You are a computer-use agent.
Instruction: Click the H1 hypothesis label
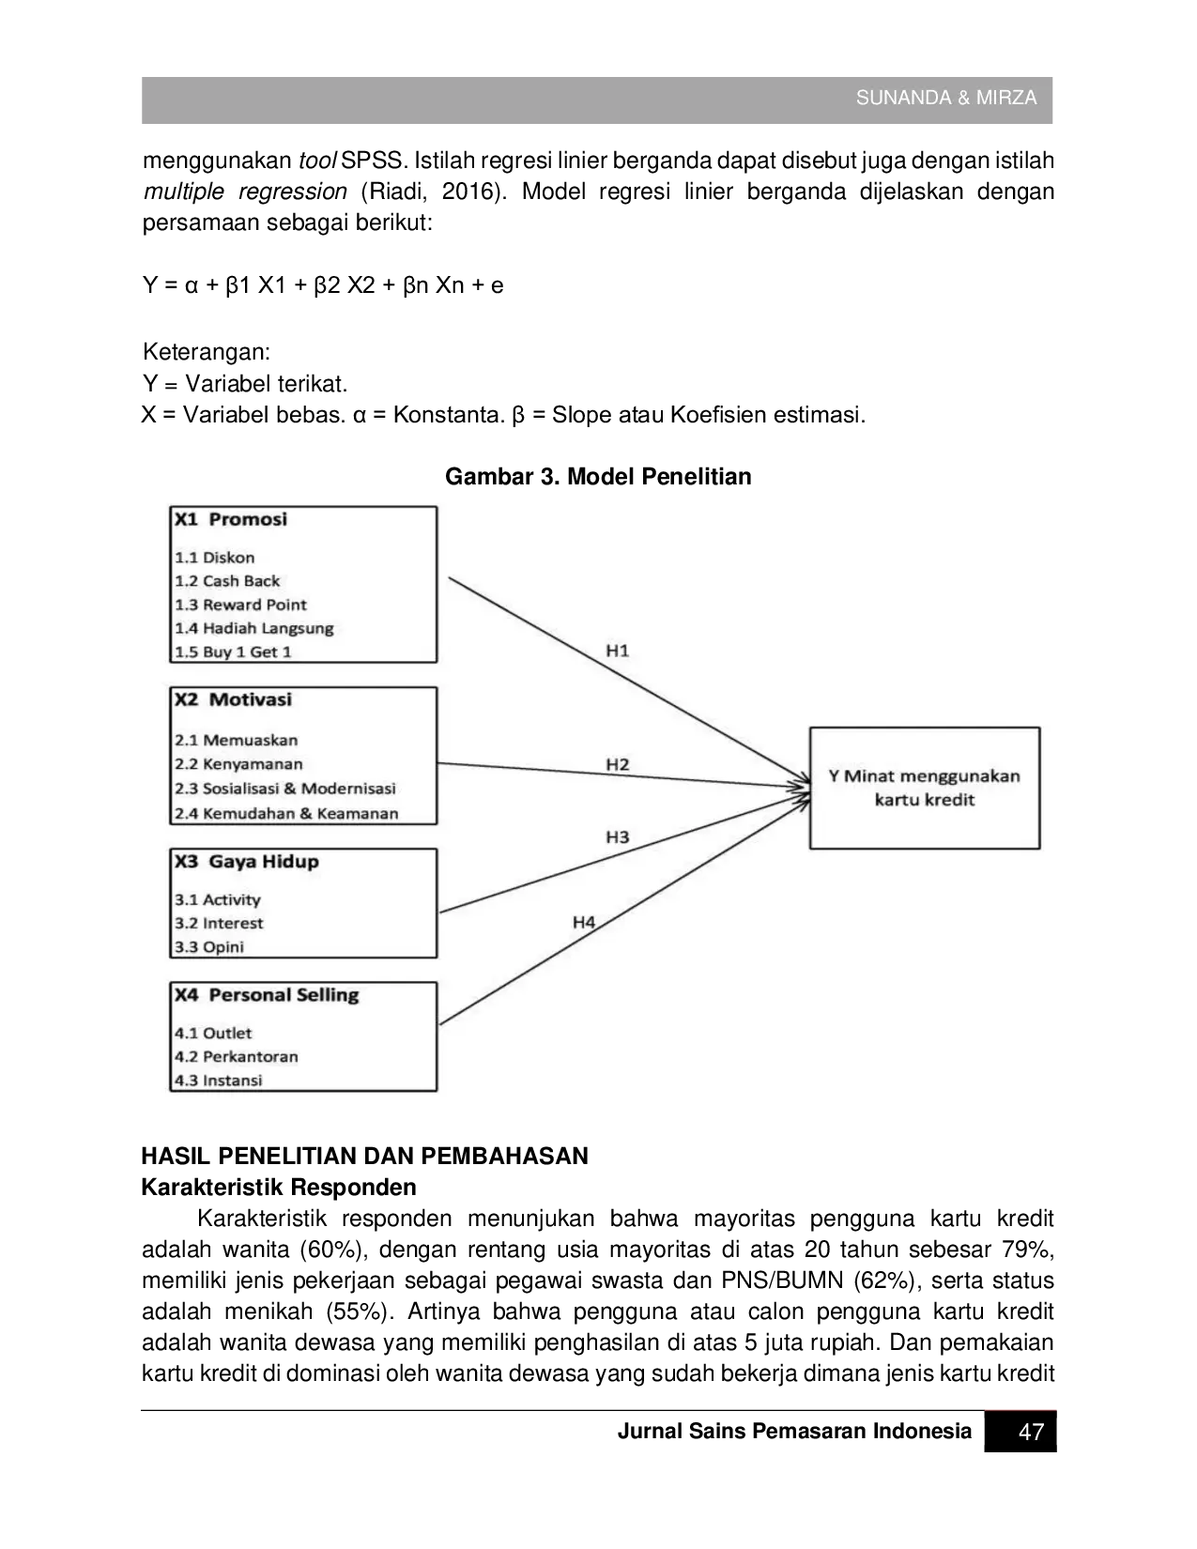click(x=617, y=651)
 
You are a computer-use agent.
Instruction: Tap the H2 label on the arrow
click(x=618, y=765)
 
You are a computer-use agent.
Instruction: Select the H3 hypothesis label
click(x=618, y=836)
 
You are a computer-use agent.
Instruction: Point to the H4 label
click(x=584, y=923)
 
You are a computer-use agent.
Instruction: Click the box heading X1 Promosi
click(x=231, y=519)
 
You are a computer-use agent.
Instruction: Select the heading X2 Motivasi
click(x=233, y=699)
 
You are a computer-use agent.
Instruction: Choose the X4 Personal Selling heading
click(x=267, y=995)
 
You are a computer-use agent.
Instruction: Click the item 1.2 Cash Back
click(x=227, y=581)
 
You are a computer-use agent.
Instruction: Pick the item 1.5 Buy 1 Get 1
click(x=233, y=652)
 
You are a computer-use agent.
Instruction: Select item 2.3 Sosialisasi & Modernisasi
click(x=285, y=789)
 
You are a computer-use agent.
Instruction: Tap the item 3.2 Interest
click(x=219, y=923)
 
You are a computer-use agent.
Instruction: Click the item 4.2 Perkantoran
click(x=237, y=1056)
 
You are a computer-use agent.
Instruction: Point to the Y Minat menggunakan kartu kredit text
click(x=925, y=788)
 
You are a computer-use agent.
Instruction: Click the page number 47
click(x=1031, y=1432)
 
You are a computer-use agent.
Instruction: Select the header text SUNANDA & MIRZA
click(x=946, y=98)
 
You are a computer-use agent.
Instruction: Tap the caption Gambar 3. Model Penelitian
click(x=598, y=476)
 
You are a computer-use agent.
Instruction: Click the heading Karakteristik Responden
click(x=279, y=1187)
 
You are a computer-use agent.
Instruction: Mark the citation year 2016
click(x=467, y=192)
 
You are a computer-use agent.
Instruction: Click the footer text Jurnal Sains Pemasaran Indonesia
click(x=795, y=1432)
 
